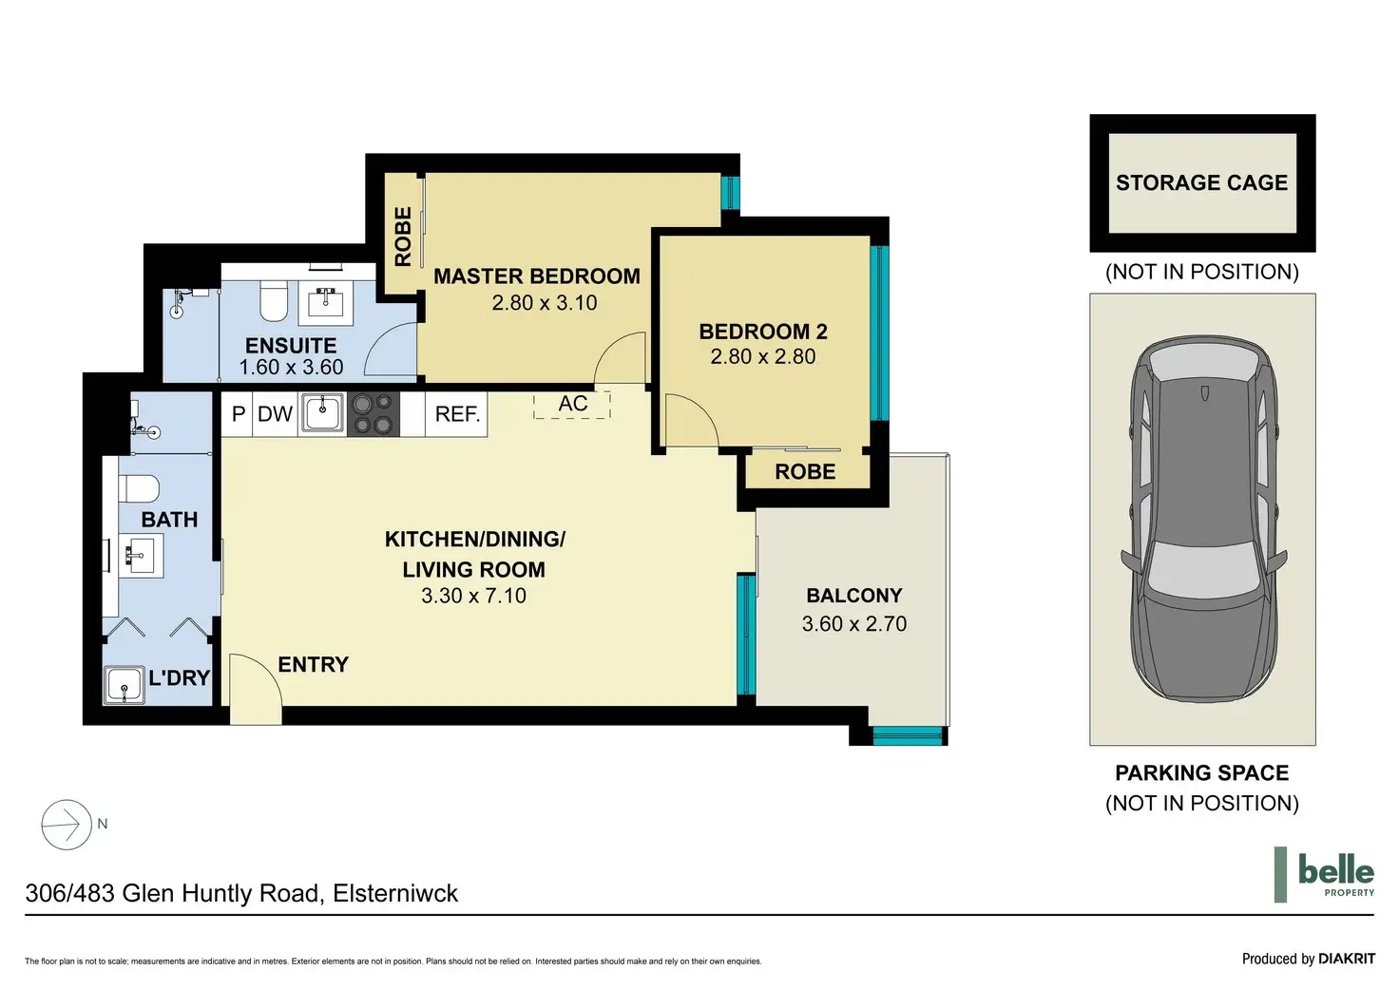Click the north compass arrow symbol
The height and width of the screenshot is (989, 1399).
click(x=67, y=825)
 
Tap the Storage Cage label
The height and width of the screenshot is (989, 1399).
click(x=1201, y=182)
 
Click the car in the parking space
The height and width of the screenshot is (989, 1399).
click(x=1202, y=519)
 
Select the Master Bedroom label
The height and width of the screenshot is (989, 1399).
click(x=537, y=276)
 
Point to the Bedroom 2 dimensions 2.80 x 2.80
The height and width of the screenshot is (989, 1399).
click(x=762, y=357)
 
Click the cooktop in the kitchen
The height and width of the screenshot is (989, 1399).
click(x=373, y=414)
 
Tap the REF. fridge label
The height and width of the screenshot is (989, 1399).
click(x=457, y=414)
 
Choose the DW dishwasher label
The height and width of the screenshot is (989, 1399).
click(x=275, y=414)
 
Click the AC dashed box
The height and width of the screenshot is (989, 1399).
click(x=571, y=405)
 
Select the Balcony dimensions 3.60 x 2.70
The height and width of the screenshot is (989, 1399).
click(x=853, y=624)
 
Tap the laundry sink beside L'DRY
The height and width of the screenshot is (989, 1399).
click(x=125, y=685)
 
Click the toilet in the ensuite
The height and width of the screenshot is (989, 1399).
click(x=274, y=300)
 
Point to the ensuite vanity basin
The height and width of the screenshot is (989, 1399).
click(x=327, y=303)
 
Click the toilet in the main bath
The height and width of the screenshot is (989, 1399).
click(x=139, y=488)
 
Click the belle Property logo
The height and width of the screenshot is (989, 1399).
click(x=1325, y=874)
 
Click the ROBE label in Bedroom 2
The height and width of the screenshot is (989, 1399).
click(x=805, y=472)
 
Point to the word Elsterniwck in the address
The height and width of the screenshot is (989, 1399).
click(x=395, y=894)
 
